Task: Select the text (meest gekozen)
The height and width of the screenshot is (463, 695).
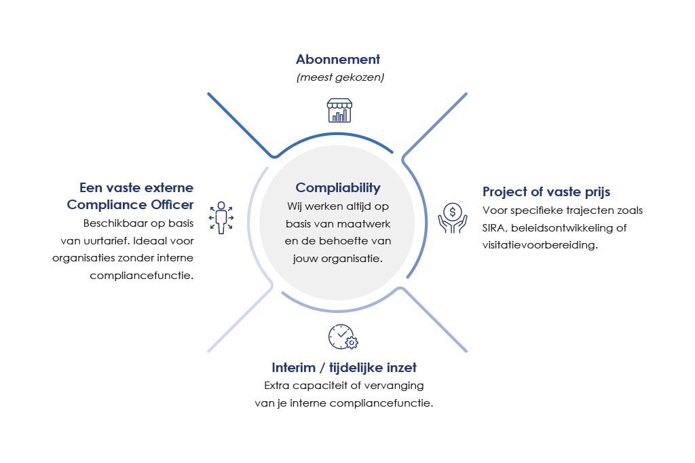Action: coord(341,77)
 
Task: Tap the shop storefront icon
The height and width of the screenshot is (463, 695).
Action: coord(339,110)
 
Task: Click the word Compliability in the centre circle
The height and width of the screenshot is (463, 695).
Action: coord(338,188)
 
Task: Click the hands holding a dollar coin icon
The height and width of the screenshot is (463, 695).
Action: coord(453,218)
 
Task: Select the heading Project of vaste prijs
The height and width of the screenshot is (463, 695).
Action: coord(546,192)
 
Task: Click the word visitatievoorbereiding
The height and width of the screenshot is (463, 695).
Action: coord(540,245)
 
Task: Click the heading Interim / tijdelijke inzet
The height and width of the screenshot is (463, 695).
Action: coord(344,368)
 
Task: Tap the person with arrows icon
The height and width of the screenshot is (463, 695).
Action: coord(221,217)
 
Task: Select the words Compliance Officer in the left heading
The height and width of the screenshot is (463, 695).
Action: coord(130,205)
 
